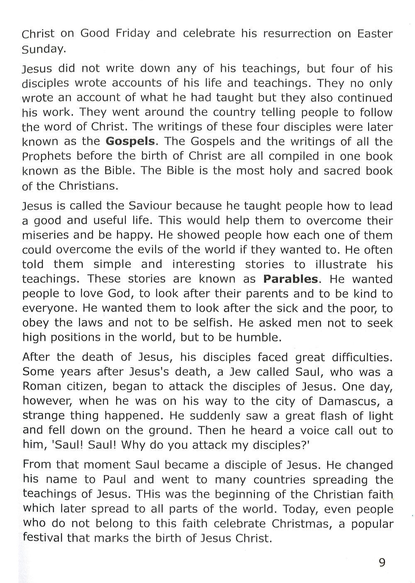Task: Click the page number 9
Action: point(382,562)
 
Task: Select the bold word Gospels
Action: point(130,142)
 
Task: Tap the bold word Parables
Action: point(290,279)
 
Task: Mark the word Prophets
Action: point(46,157)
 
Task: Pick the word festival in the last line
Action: point(42,538)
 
